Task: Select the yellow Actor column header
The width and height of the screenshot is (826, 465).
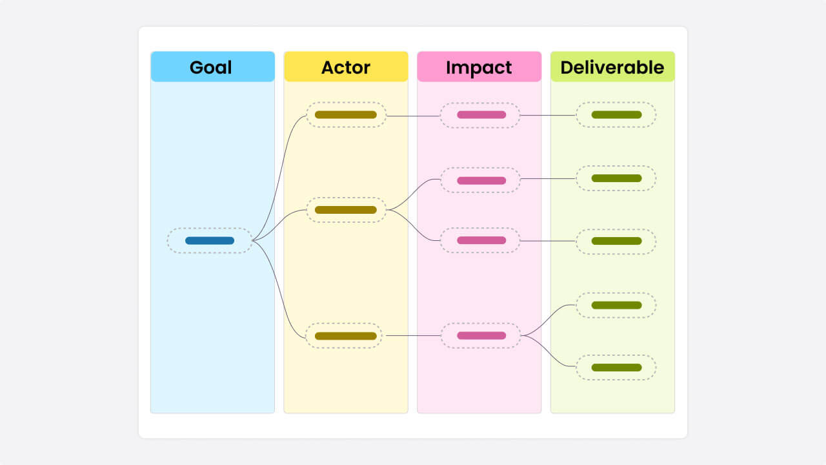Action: coord(346,67)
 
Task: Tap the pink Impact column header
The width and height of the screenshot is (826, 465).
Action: coord(479,67)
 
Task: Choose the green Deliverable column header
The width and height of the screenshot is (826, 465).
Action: coord(612,67)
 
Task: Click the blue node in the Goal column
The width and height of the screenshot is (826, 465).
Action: coord(210,240)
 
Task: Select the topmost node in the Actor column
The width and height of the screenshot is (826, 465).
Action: coord(345,115)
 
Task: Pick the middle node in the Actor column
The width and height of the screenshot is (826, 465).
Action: coord(345,210)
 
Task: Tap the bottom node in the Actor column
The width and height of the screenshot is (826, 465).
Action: coord(345,336)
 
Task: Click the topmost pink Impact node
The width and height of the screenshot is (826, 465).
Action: coord(481,115)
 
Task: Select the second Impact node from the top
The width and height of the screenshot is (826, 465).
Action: coord(481,180)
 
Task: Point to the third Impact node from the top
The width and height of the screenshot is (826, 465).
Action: coord(481,240)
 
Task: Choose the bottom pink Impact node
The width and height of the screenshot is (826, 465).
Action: coord(481,336)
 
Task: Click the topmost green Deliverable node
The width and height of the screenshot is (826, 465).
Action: coord(616,115)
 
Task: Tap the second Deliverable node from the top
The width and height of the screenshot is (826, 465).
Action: coord(616,178)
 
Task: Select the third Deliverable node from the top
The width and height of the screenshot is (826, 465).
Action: coord(616,241)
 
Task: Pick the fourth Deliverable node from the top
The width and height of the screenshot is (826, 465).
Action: coord(616,305)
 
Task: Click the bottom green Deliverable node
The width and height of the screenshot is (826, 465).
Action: coord(616,367)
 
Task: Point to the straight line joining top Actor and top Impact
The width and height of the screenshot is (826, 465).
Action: coord(413,116)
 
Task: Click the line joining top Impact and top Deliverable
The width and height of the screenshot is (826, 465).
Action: coord(549,116)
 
